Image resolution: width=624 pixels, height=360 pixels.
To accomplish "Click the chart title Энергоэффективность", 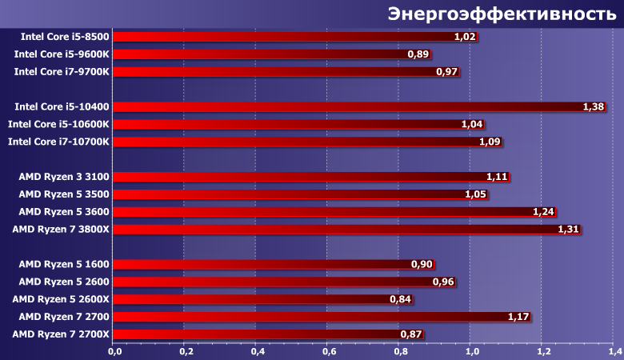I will tap(502, 14).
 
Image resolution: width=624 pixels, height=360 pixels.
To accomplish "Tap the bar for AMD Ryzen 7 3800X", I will tap(336, 230).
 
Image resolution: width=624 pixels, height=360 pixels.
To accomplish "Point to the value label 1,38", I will tap(593, 106).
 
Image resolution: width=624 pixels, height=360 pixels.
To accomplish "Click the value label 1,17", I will tap(519, 317).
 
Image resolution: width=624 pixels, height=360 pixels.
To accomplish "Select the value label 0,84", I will tap(401, 299).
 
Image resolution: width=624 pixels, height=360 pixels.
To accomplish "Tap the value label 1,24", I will tap(544, 212).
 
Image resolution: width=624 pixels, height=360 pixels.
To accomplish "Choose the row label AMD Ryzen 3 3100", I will tap(64, 176).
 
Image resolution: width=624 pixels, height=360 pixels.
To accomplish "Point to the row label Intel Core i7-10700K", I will tap(58, 142).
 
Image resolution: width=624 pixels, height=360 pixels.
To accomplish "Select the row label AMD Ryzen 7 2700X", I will tap(62, 334).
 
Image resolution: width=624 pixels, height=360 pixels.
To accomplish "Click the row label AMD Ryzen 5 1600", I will tap(64, 264).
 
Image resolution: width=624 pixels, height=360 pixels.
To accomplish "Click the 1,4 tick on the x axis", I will tap(614, 351).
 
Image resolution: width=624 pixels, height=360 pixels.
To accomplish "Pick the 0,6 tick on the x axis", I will tap(329, 351).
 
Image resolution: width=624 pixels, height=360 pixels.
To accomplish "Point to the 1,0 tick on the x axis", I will tap(471, 351).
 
